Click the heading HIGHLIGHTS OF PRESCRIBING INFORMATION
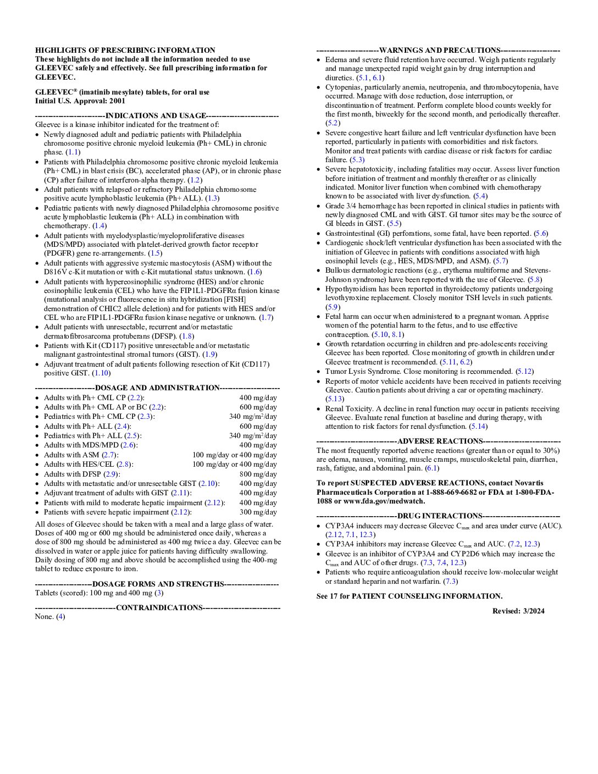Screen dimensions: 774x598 125,50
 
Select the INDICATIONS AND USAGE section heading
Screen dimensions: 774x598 156,116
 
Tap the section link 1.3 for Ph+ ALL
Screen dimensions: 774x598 212,198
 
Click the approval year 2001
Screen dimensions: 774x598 117,101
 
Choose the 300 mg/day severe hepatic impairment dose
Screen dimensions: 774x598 258,512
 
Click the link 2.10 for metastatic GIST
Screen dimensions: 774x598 208,484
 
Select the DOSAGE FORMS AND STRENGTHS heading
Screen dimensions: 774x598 158,584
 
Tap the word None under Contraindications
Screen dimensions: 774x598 44,617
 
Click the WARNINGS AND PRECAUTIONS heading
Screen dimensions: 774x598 440,51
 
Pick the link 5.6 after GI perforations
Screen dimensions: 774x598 541,234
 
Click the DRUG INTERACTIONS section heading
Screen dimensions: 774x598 440,516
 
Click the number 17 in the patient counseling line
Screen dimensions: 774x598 334,596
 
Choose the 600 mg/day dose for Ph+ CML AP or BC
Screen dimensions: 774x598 258,407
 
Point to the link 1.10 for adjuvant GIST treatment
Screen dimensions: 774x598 101,373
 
